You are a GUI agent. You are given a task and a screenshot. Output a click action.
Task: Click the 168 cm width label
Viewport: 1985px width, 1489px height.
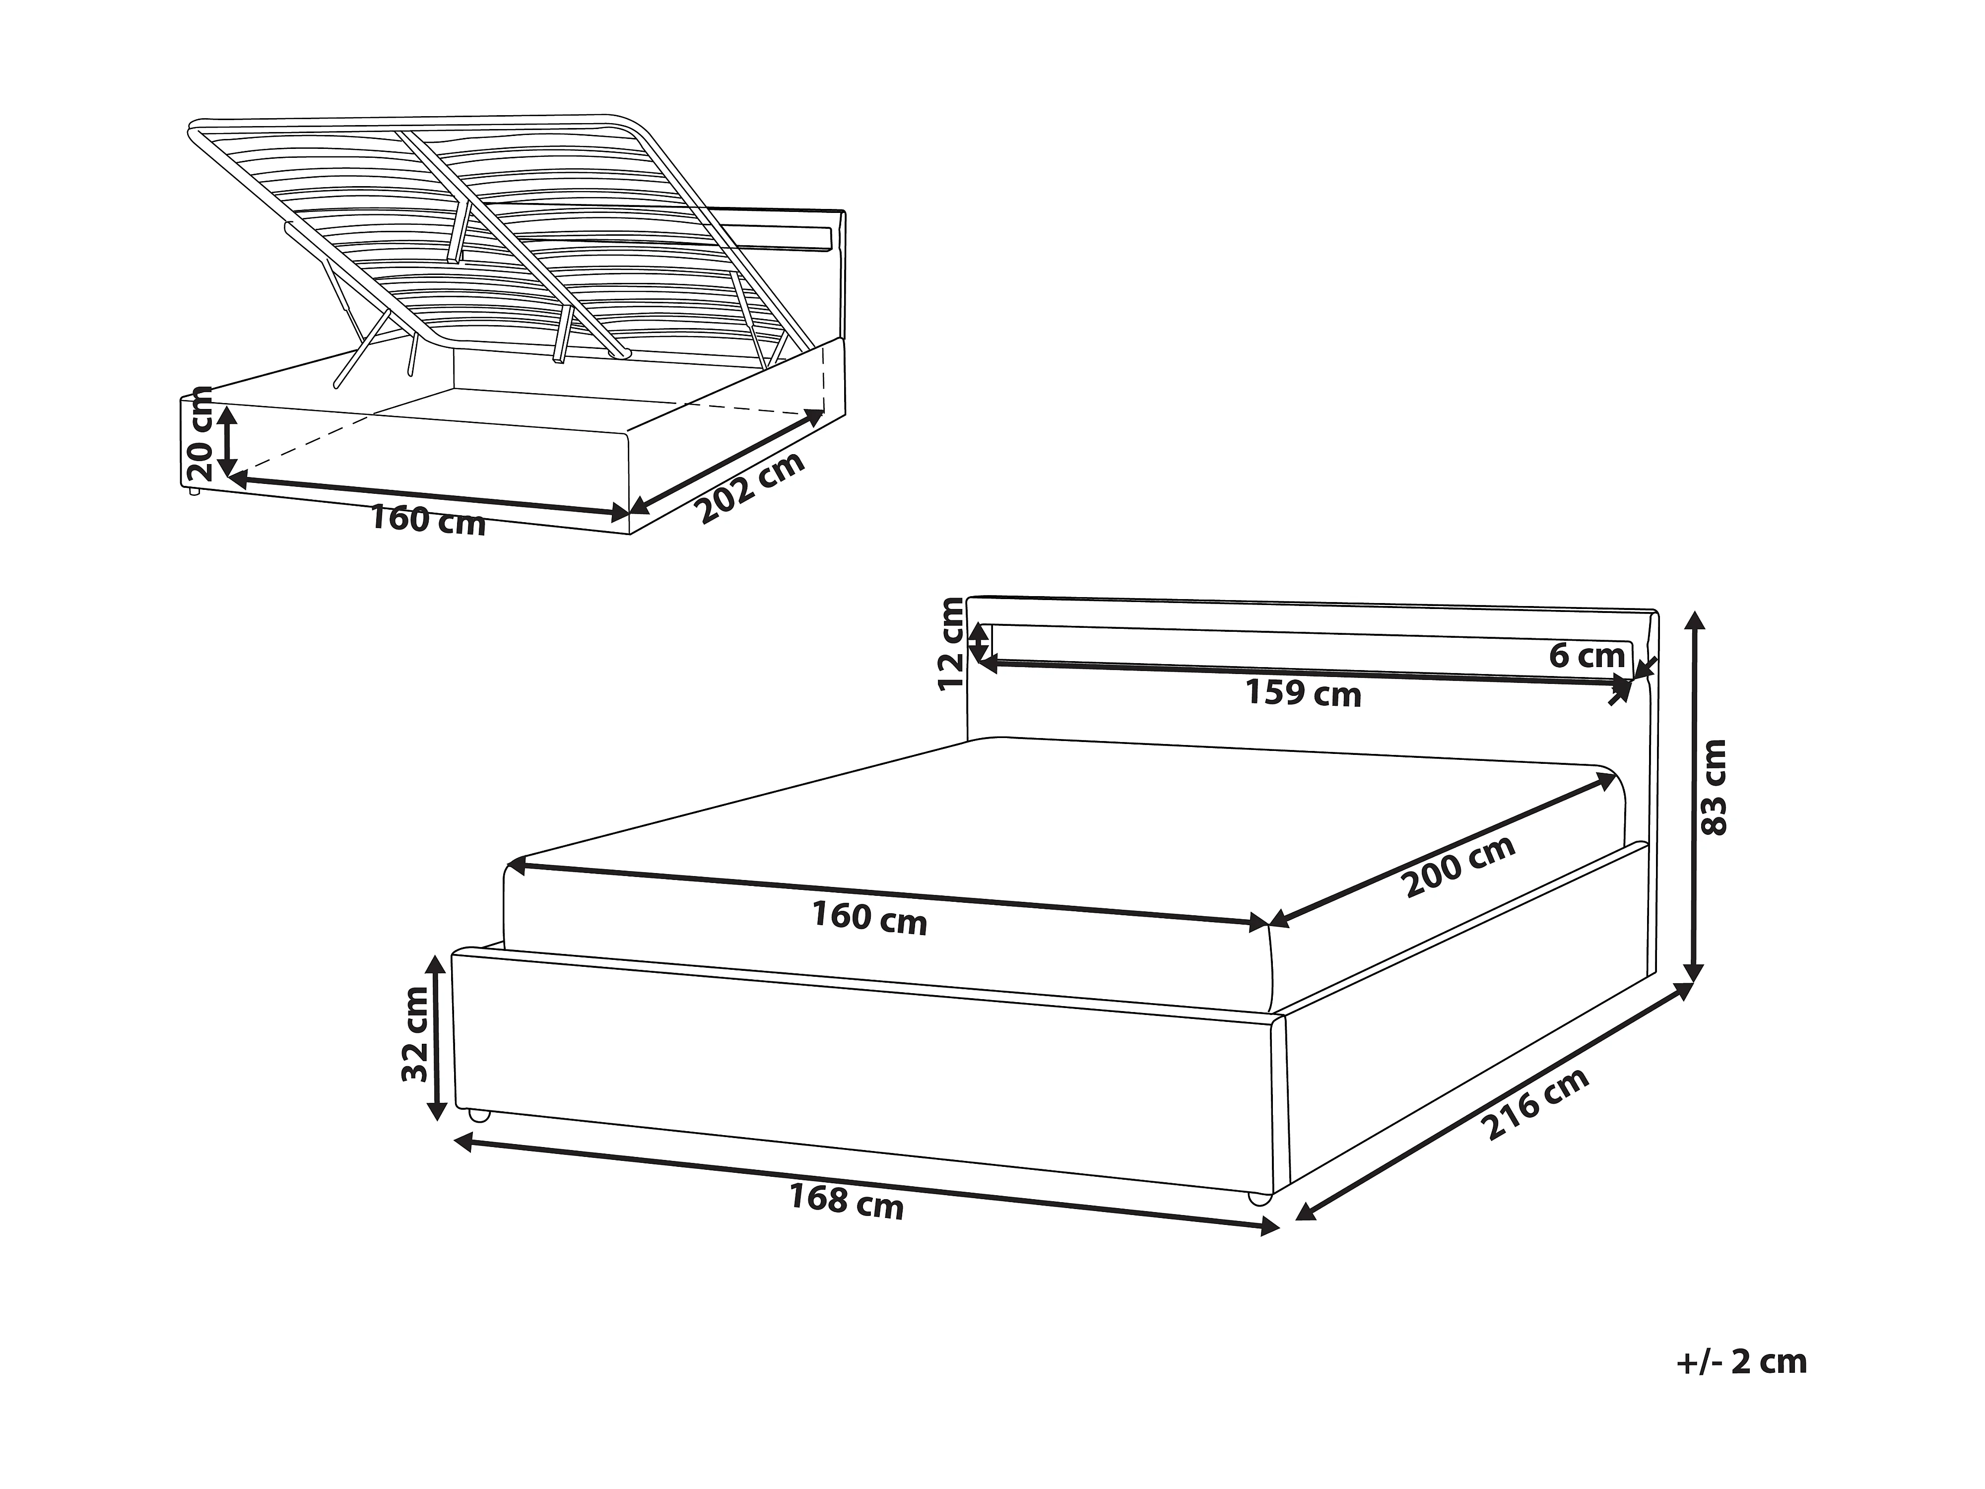coord(845,1201)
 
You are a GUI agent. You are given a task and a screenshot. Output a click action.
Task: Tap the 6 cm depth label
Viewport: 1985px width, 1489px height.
coord(1587,656)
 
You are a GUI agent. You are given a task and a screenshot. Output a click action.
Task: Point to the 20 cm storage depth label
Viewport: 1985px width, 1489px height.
coord(198,433)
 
